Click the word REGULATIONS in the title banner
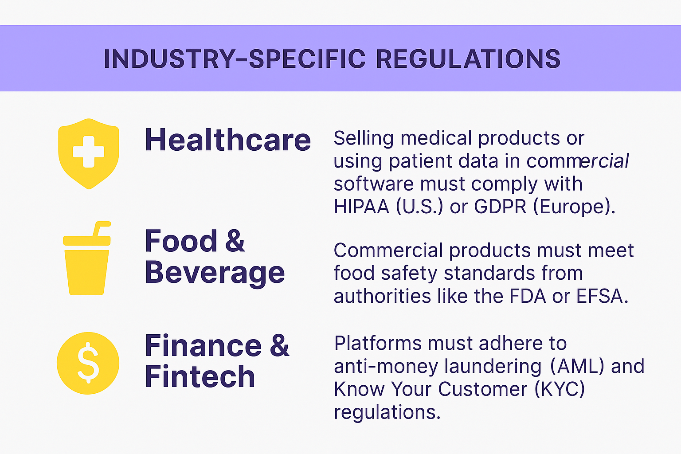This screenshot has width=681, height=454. click(x=468, y=59)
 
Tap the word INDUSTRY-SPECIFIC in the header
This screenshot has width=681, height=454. click(x=235, y=59)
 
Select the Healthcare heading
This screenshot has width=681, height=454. click(x=228, y=140)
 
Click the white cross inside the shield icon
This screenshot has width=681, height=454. click(x=89, y=152)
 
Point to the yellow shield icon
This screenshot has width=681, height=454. click(x=89, y=154)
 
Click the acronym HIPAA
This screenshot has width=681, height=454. click(x=361, y=207)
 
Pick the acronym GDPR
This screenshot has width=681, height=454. click(x=500, y=207)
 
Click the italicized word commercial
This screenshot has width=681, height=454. click(x=577, y=161)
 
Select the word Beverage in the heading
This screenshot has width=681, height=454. click(x=215, y=273)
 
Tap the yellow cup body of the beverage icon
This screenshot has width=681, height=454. click(x=86, y=273)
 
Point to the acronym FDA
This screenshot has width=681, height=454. click(x=528, y=296)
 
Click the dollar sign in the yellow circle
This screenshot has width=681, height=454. click(x=88, y=363)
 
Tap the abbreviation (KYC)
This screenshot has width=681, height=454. click(x=560, y=389)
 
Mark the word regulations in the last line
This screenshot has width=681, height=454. click(x=387, y=412)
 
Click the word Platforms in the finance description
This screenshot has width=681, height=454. click(x=378, y=343)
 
